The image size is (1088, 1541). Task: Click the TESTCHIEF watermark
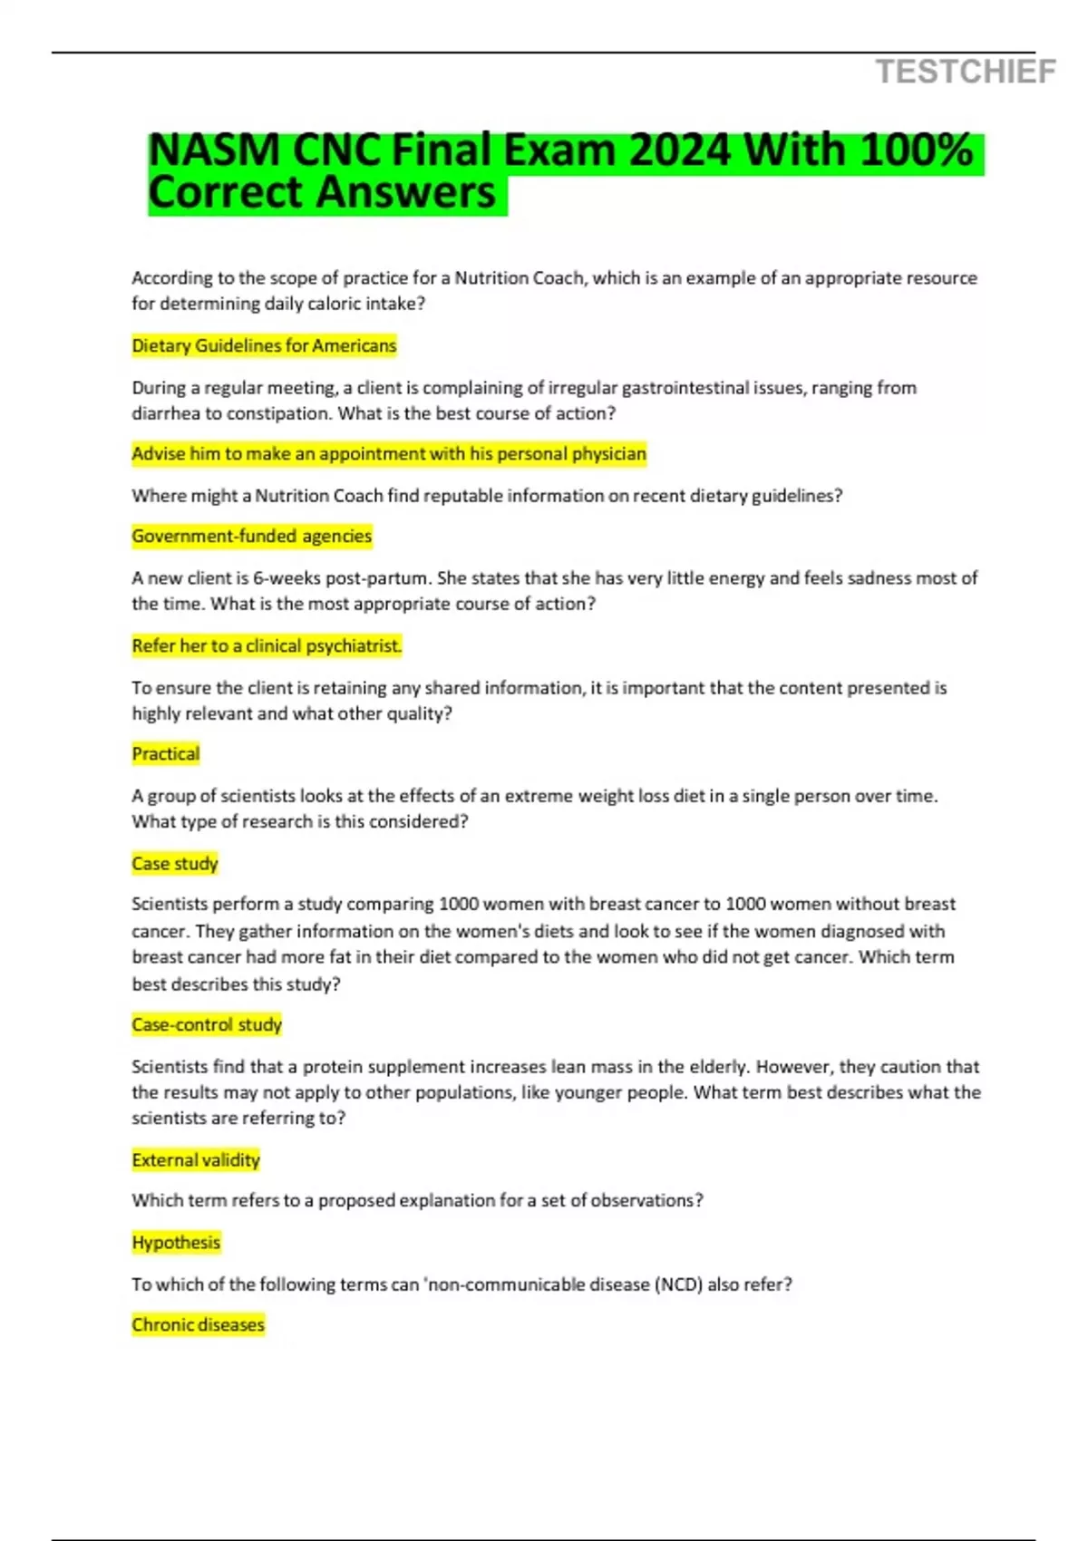pyautogui.click(x=966, y=72)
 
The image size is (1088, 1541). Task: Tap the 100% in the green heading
pyautogui.click(x=917, y=150)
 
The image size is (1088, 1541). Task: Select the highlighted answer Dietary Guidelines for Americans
pyautogui.click(x=264, y=345)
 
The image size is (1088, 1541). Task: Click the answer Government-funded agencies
pyautogui.click(x=251, y=536)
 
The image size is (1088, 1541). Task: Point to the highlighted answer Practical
pyautogui.click(x=165, y=753)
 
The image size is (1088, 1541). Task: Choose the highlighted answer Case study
pyautogui.click(x=175, y=863)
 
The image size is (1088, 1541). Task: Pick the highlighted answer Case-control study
pyautogui.click(x=207, y=1024)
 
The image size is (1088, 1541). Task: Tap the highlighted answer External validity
pyautogui.click(x=196, y=1159)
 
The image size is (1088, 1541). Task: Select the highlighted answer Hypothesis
pyautogui.click(x=176, y=1242)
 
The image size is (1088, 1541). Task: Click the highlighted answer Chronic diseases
pyautogui.click(x=198, y=1324)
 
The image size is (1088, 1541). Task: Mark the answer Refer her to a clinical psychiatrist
pyautogui.click(x=267, y=645)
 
